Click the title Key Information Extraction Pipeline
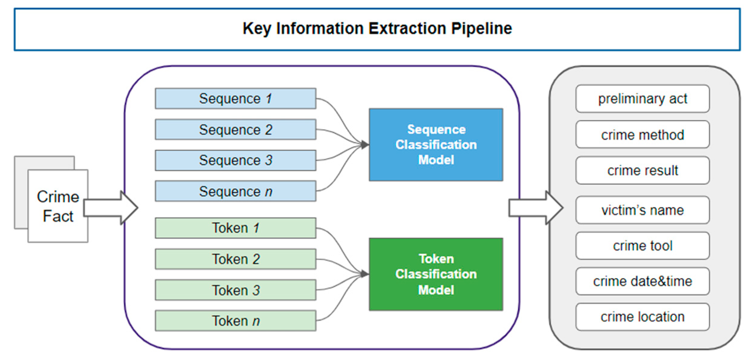377,29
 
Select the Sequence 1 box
235,99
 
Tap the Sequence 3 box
235,160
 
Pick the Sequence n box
235,191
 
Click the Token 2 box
235,259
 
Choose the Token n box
235,321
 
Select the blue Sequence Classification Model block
436,145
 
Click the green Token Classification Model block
436,274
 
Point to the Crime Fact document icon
58,206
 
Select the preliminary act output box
642,99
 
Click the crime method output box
642,135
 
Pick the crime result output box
642,171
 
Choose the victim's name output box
642,210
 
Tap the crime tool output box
642,246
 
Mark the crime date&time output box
642,281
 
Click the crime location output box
642,317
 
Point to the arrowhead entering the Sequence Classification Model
364,145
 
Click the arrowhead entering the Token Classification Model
364,274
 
